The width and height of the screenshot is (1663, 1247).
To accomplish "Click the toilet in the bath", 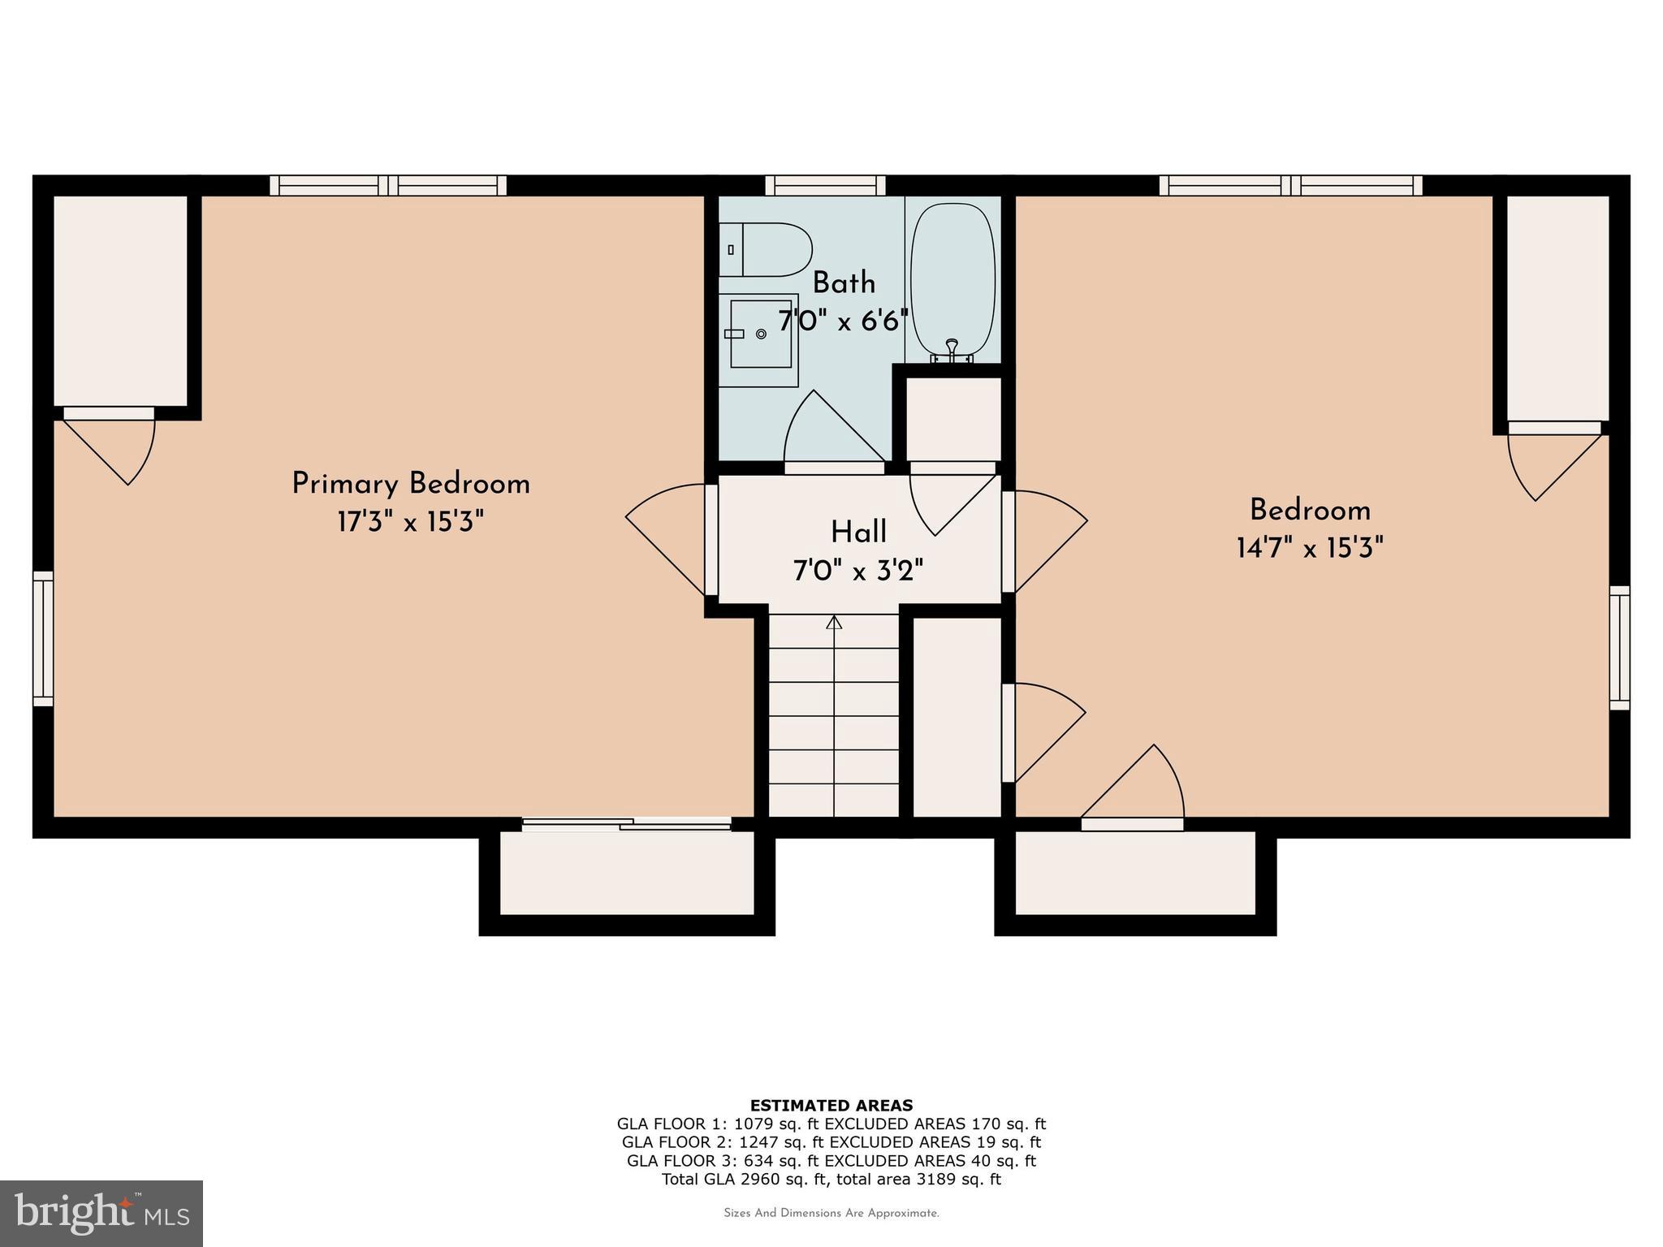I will pos(767,249).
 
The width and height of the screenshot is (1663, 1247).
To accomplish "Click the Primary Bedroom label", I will pos(411,484).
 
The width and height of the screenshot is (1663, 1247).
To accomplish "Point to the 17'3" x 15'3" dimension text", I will pos(411,522).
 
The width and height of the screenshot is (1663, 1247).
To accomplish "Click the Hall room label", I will pos(858,533).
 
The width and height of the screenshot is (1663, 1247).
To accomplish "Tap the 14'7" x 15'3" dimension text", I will pos(1310,548).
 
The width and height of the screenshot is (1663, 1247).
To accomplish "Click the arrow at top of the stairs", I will pos(834,623).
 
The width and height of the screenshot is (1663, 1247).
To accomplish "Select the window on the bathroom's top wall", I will pos(826,186).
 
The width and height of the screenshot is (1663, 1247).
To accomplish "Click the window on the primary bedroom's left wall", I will pos(43,638).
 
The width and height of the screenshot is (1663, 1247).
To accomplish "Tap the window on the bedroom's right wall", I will pos(1619,647).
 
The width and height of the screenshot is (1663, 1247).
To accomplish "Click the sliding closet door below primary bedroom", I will pos(627,825).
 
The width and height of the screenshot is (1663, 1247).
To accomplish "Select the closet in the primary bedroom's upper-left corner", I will pos(120,300).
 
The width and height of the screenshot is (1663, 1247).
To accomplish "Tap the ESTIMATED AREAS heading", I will pos(831,1105).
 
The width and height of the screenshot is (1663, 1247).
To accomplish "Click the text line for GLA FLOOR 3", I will pos(831,1161).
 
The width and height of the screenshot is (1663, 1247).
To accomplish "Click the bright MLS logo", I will pos(102,1213).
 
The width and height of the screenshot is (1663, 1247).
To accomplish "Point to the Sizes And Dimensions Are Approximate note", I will pos(831,1214).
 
